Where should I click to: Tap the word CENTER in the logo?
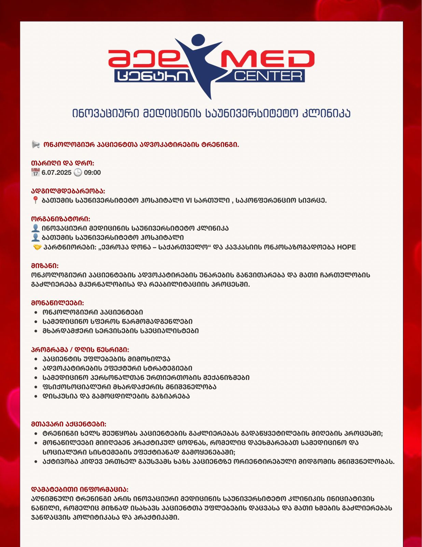point(268,76)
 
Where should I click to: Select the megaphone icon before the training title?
point(36,145)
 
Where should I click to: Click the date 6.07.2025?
point(56,173)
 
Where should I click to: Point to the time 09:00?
point(92,173)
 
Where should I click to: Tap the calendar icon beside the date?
point(36,172)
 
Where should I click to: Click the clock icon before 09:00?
point(78,172)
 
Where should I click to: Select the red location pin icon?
point(35,200)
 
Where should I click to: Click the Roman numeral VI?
point(189,201)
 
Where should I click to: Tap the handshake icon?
point(37,247)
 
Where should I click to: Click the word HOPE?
point(346,247)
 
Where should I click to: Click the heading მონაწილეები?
point(57,303)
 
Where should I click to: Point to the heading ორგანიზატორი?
point(61,219)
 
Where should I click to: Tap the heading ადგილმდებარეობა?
point(68,191)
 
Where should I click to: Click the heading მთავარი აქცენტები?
point(69,424)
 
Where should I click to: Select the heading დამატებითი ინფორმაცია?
point(80,490)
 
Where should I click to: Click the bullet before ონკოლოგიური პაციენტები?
point(36,312)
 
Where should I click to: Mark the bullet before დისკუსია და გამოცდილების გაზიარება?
point(36,397)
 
